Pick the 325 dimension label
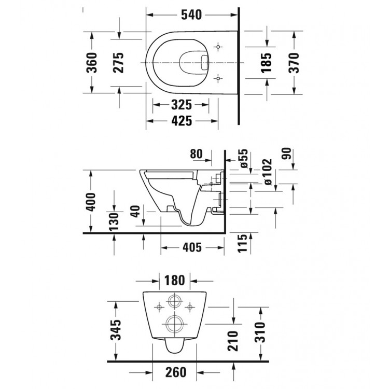(182, 105)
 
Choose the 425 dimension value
(182, 121)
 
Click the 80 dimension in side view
(197, 155)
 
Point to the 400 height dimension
(91, 201)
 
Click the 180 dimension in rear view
(175, 281)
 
